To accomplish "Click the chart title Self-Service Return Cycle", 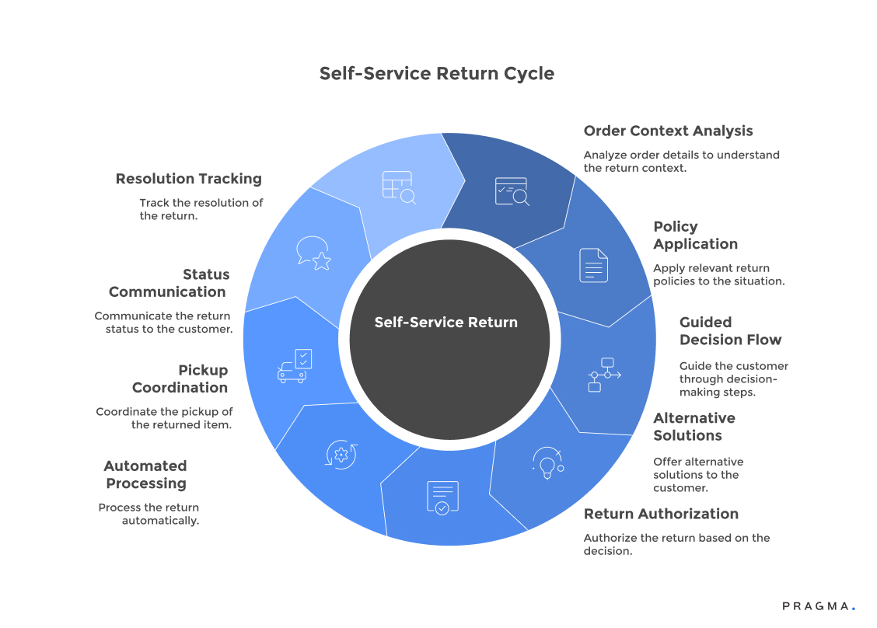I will pos(437,74).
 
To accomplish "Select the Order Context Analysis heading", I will pos(668,131).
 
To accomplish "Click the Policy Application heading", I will pos(695,235).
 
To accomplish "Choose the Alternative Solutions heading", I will pos(694,427).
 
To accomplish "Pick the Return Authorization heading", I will pos(661,514).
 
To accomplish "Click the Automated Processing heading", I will pos(145,475).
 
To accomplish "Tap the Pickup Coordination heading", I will pos(180,379).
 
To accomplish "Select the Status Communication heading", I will pos(169,283).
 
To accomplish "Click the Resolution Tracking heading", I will pos(188,179).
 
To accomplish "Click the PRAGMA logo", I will pos(818,606).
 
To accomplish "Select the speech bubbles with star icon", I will pos(313,253).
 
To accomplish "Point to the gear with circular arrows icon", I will pos(341,455).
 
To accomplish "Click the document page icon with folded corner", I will pos(593,265).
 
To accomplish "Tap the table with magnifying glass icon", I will pos(399,187).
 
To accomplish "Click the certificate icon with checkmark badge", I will pos(442,497).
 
